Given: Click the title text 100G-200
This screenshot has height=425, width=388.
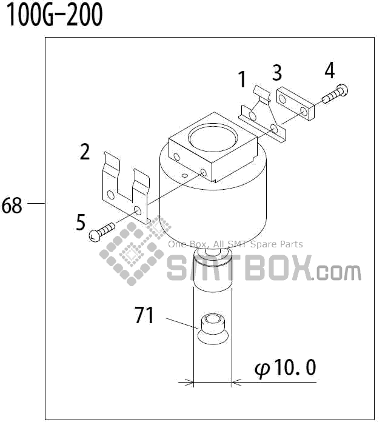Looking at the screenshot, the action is [54, 15].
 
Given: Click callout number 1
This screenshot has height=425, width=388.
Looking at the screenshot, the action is [242, 79].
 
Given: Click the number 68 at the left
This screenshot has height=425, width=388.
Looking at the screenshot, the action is [12, 206].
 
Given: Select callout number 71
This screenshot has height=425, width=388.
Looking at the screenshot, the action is [144, 315].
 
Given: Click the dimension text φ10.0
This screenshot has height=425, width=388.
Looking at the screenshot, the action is [286, 367].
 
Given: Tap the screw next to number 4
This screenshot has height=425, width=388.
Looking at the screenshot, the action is [335, 94].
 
